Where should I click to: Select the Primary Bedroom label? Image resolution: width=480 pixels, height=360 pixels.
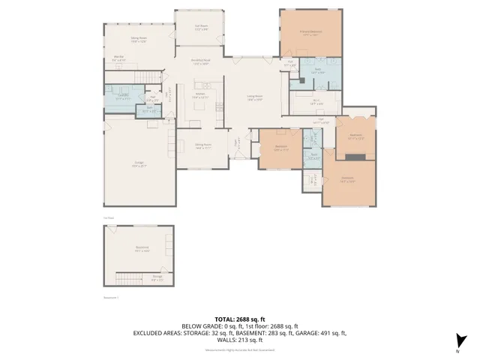pos(310,32)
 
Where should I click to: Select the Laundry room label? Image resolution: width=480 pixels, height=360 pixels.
pos(122,96)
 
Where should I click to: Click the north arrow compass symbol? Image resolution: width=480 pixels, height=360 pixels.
pos(462,340)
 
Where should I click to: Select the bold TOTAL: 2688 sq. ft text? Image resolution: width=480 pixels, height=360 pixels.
pos(239,319)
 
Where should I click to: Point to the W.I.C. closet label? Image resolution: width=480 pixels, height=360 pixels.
pos(316,103)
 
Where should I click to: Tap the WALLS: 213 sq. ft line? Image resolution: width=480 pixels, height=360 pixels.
pos(239,340)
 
